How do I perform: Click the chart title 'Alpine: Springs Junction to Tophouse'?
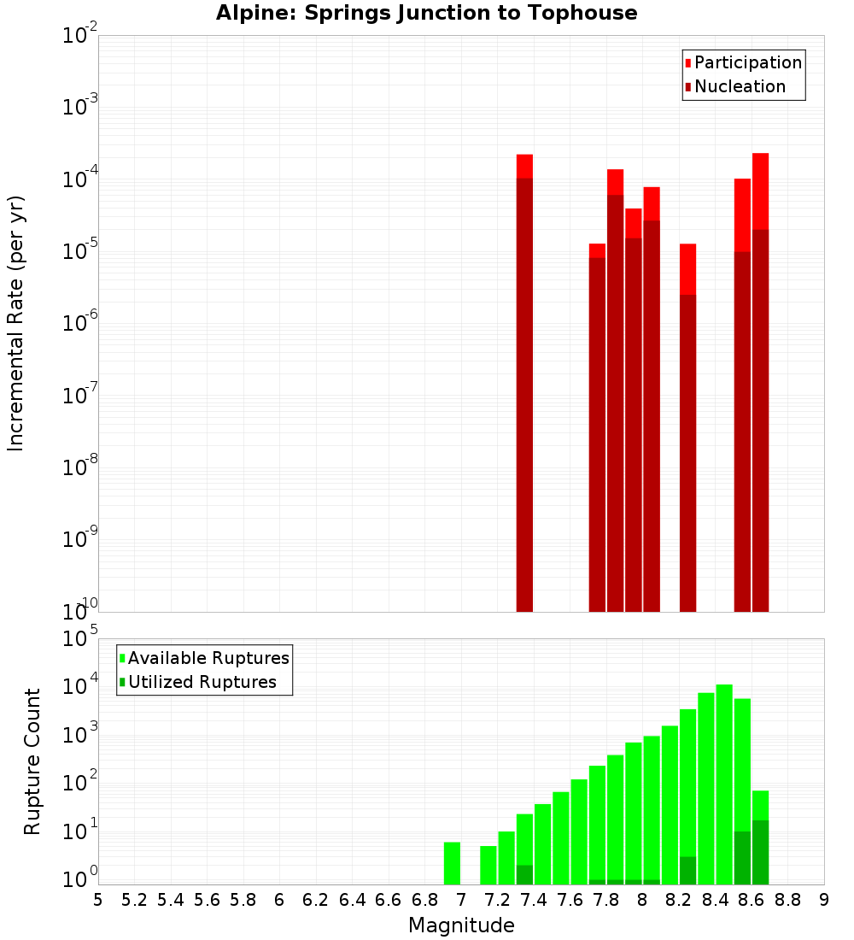pyautogui.click(x=426, y=13)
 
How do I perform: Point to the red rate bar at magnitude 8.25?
pyautogui.click(x=687, y=427)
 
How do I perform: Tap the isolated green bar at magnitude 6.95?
pyautogui.click(x=452, y=863)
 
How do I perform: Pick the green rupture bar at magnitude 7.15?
pyautogui.click(x=488, y=865)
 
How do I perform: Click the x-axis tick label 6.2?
pyautogui.click(x=316, y=900)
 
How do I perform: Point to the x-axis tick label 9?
pyautogui.click(x=824, y=900)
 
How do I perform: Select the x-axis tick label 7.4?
pyautogui.click(x=534, y=900)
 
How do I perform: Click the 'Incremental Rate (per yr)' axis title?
pyautogui.click(x=16, y=323)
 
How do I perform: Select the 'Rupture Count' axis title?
pyautogui.click(x=32, y=761)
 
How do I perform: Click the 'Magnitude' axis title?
pyautogui.click(x=461, y=925)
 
